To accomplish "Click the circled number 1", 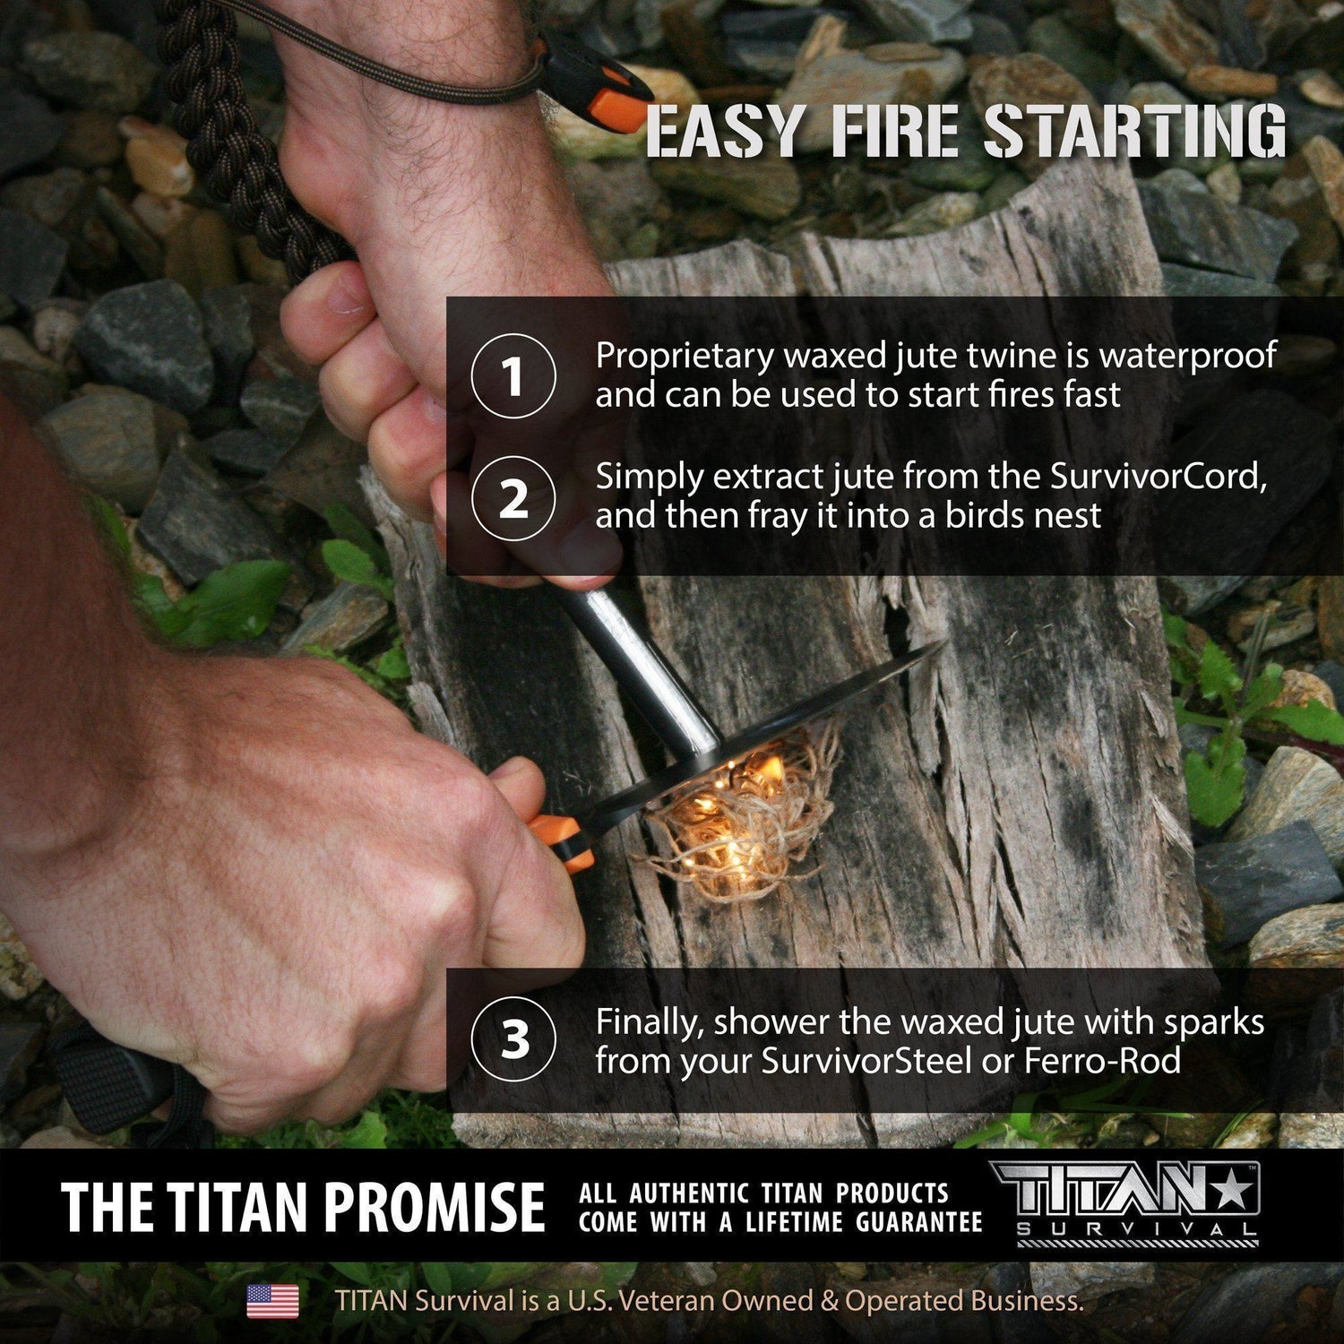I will click(x=513, y=375).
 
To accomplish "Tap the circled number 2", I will click(x=513, y=499).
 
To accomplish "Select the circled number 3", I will click(x=513, y=1040).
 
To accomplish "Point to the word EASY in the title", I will click(x=723, y=132).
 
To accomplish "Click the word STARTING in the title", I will click(x=1134, y=132).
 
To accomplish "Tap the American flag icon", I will click(x=273, y=1301).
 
